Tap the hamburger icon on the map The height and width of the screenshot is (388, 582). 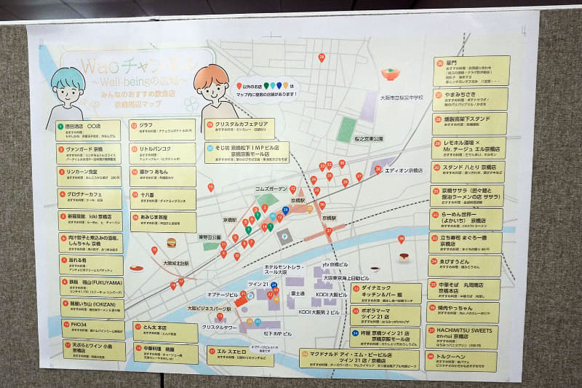pos(172,242)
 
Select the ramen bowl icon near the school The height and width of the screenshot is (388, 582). pos(391,74)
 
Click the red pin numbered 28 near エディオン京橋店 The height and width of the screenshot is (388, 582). pos(378,170)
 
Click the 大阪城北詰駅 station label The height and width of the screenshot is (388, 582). pos(175,263)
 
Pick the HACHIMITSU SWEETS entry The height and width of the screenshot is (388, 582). pos(466,336)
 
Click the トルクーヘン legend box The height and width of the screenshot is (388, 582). pos(466,360)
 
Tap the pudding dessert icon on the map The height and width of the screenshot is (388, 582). pos(404,257)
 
